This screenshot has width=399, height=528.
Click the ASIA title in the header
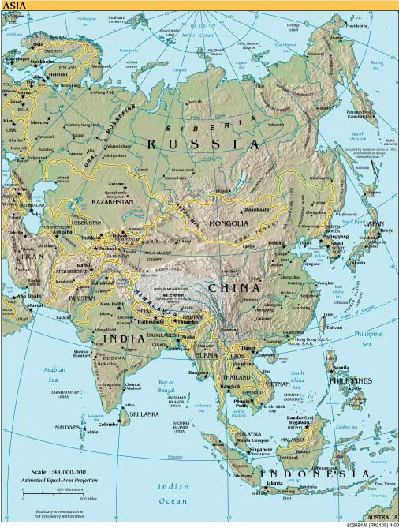(13, 6)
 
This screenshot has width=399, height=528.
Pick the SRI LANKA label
(146, 413)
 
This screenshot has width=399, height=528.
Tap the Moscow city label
(40, 124)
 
